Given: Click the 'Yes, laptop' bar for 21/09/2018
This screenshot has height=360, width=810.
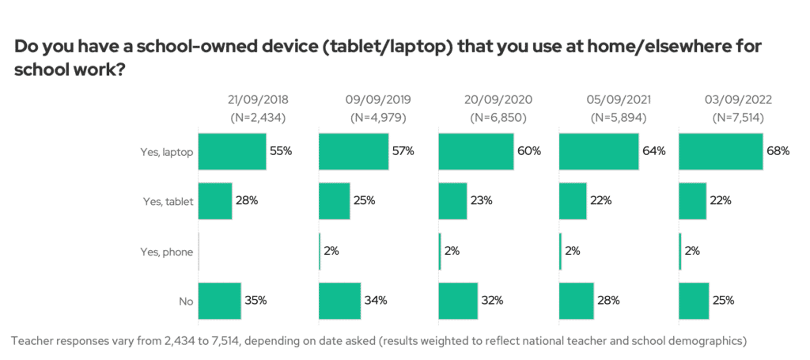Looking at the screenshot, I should click(232, 151).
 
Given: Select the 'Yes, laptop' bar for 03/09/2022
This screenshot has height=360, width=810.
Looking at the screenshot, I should click(721, 151).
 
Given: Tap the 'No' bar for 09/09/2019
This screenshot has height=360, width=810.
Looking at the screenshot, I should click(339, 301).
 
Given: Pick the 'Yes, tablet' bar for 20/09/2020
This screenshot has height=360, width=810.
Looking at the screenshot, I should click(452, 201).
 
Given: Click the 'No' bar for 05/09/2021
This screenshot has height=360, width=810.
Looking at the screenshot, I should click(577, 301).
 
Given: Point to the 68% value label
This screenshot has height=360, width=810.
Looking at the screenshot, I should click(778, 151).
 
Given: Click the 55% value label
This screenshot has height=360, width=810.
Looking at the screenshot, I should click(281, 151).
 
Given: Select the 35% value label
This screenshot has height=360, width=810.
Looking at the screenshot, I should click(255, 301).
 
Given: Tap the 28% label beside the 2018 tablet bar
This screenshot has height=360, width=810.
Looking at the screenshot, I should click(246, 201).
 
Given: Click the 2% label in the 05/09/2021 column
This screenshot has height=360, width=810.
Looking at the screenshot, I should click(573, 251).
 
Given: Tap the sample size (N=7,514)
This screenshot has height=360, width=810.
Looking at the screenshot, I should click(738, 118).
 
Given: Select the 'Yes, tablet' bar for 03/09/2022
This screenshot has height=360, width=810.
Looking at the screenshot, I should click(692, 201).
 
